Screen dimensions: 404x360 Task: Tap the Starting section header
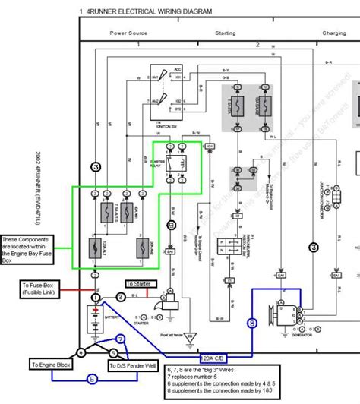pos(226,33)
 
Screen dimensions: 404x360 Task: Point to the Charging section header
pos(334,33)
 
